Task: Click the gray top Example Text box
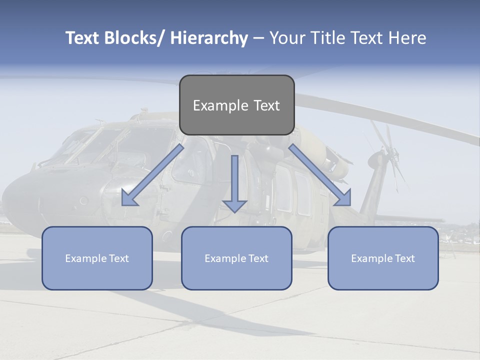click(x=236, y=105)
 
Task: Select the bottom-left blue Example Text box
click(x=97, y=258)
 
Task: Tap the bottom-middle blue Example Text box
click(x=236, y=258)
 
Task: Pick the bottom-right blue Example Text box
click(x=383, y=258)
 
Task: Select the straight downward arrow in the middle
click(x=234, y=183)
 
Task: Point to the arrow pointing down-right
click(x=320, y=175)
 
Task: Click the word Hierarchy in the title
click(x=209, y=38)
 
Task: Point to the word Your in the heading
click(x=287, y=38)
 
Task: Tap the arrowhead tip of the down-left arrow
click(x=123, y=205)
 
